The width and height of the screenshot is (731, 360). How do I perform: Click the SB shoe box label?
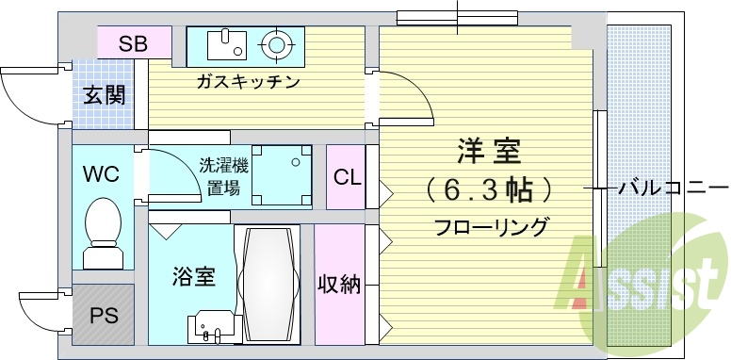[x=133, y=42]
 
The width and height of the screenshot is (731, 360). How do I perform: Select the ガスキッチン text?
[x=248, y=81]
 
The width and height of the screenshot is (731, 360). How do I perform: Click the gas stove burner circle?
[x=277, y=43]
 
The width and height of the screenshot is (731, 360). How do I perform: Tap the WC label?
[x=100, y=174]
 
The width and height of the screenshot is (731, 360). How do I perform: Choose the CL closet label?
[x=347, y=176]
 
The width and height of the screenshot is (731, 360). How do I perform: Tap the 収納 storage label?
[x=339, y=285]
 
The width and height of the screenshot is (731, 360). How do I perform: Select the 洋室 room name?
[x=488, y=151]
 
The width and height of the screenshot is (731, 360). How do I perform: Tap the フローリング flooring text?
[x=491, y=227]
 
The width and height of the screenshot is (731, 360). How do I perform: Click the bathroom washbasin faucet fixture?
[x=210, y=331]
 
